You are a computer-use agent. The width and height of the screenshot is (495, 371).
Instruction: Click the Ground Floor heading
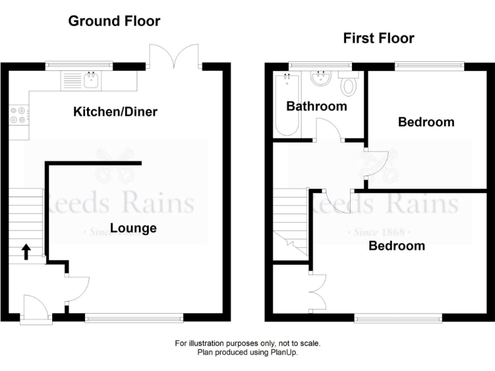coord(114,21)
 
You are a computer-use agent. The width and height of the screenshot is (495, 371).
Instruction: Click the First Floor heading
coord(378,39)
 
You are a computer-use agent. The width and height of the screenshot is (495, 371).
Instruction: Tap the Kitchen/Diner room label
coord(115,112)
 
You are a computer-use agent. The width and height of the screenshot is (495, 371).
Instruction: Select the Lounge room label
coord(133,228)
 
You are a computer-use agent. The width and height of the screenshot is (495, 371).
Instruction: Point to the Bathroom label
coord(316,106)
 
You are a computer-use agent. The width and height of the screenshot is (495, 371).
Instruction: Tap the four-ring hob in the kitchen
coord(18,115)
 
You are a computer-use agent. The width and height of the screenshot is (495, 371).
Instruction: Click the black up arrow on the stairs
coord(26,251)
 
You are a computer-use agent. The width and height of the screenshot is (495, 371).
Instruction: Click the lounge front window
coord(133,317)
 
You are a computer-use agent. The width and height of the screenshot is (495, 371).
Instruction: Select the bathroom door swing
coord(329,131)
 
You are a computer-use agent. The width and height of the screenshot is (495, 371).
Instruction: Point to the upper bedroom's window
coord(429,64)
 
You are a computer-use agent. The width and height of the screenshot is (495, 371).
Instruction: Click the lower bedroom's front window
coord(398,317)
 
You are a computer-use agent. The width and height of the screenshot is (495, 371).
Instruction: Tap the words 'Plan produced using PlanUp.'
coord(247,352)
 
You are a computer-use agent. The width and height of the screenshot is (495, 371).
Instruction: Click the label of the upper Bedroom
coord(426,122)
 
